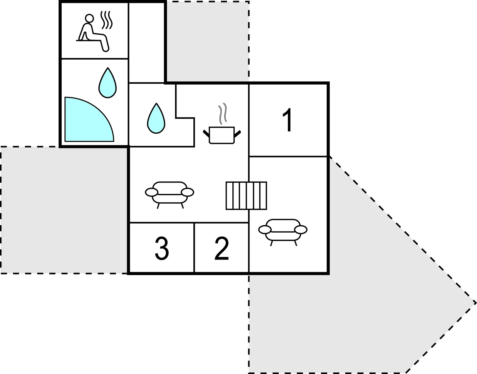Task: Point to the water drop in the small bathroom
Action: pos(156,118)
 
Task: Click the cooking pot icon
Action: pos(222,135)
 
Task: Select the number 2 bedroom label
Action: pos(222,249)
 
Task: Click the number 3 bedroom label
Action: pos(162,249)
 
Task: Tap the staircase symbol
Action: pos(246,196)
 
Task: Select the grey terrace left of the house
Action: pos(64,210)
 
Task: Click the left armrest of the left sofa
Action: pos(152,192)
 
